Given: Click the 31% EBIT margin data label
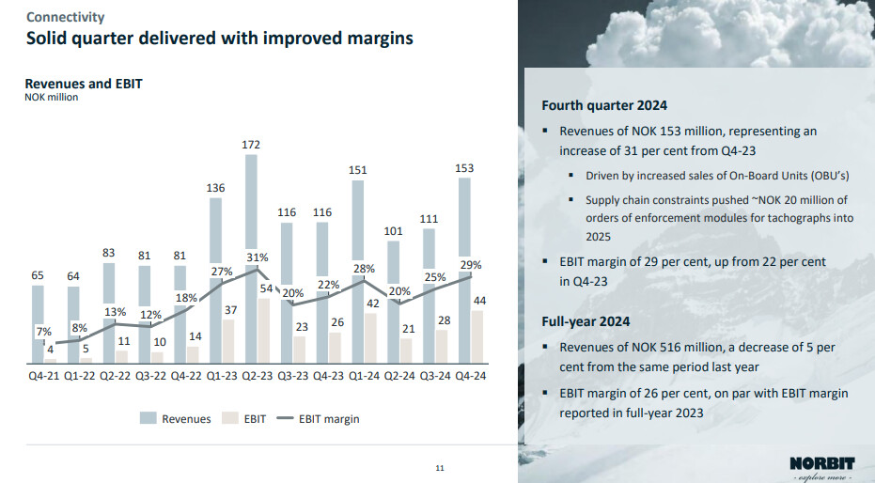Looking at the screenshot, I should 258,257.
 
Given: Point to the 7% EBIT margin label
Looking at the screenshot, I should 44,332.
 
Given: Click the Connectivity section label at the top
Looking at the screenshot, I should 65,17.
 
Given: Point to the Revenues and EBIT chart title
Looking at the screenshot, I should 83,84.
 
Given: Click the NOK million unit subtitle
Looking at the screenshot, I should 51,98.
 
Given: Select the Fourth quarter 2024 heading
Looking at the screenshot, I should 604,105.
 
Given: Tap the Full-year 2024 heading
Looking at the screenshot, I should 587,321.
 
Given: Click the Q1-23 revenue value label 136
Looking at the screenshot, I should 216,189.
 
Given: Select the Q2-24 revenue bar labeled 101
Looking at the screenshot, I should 393,302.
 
